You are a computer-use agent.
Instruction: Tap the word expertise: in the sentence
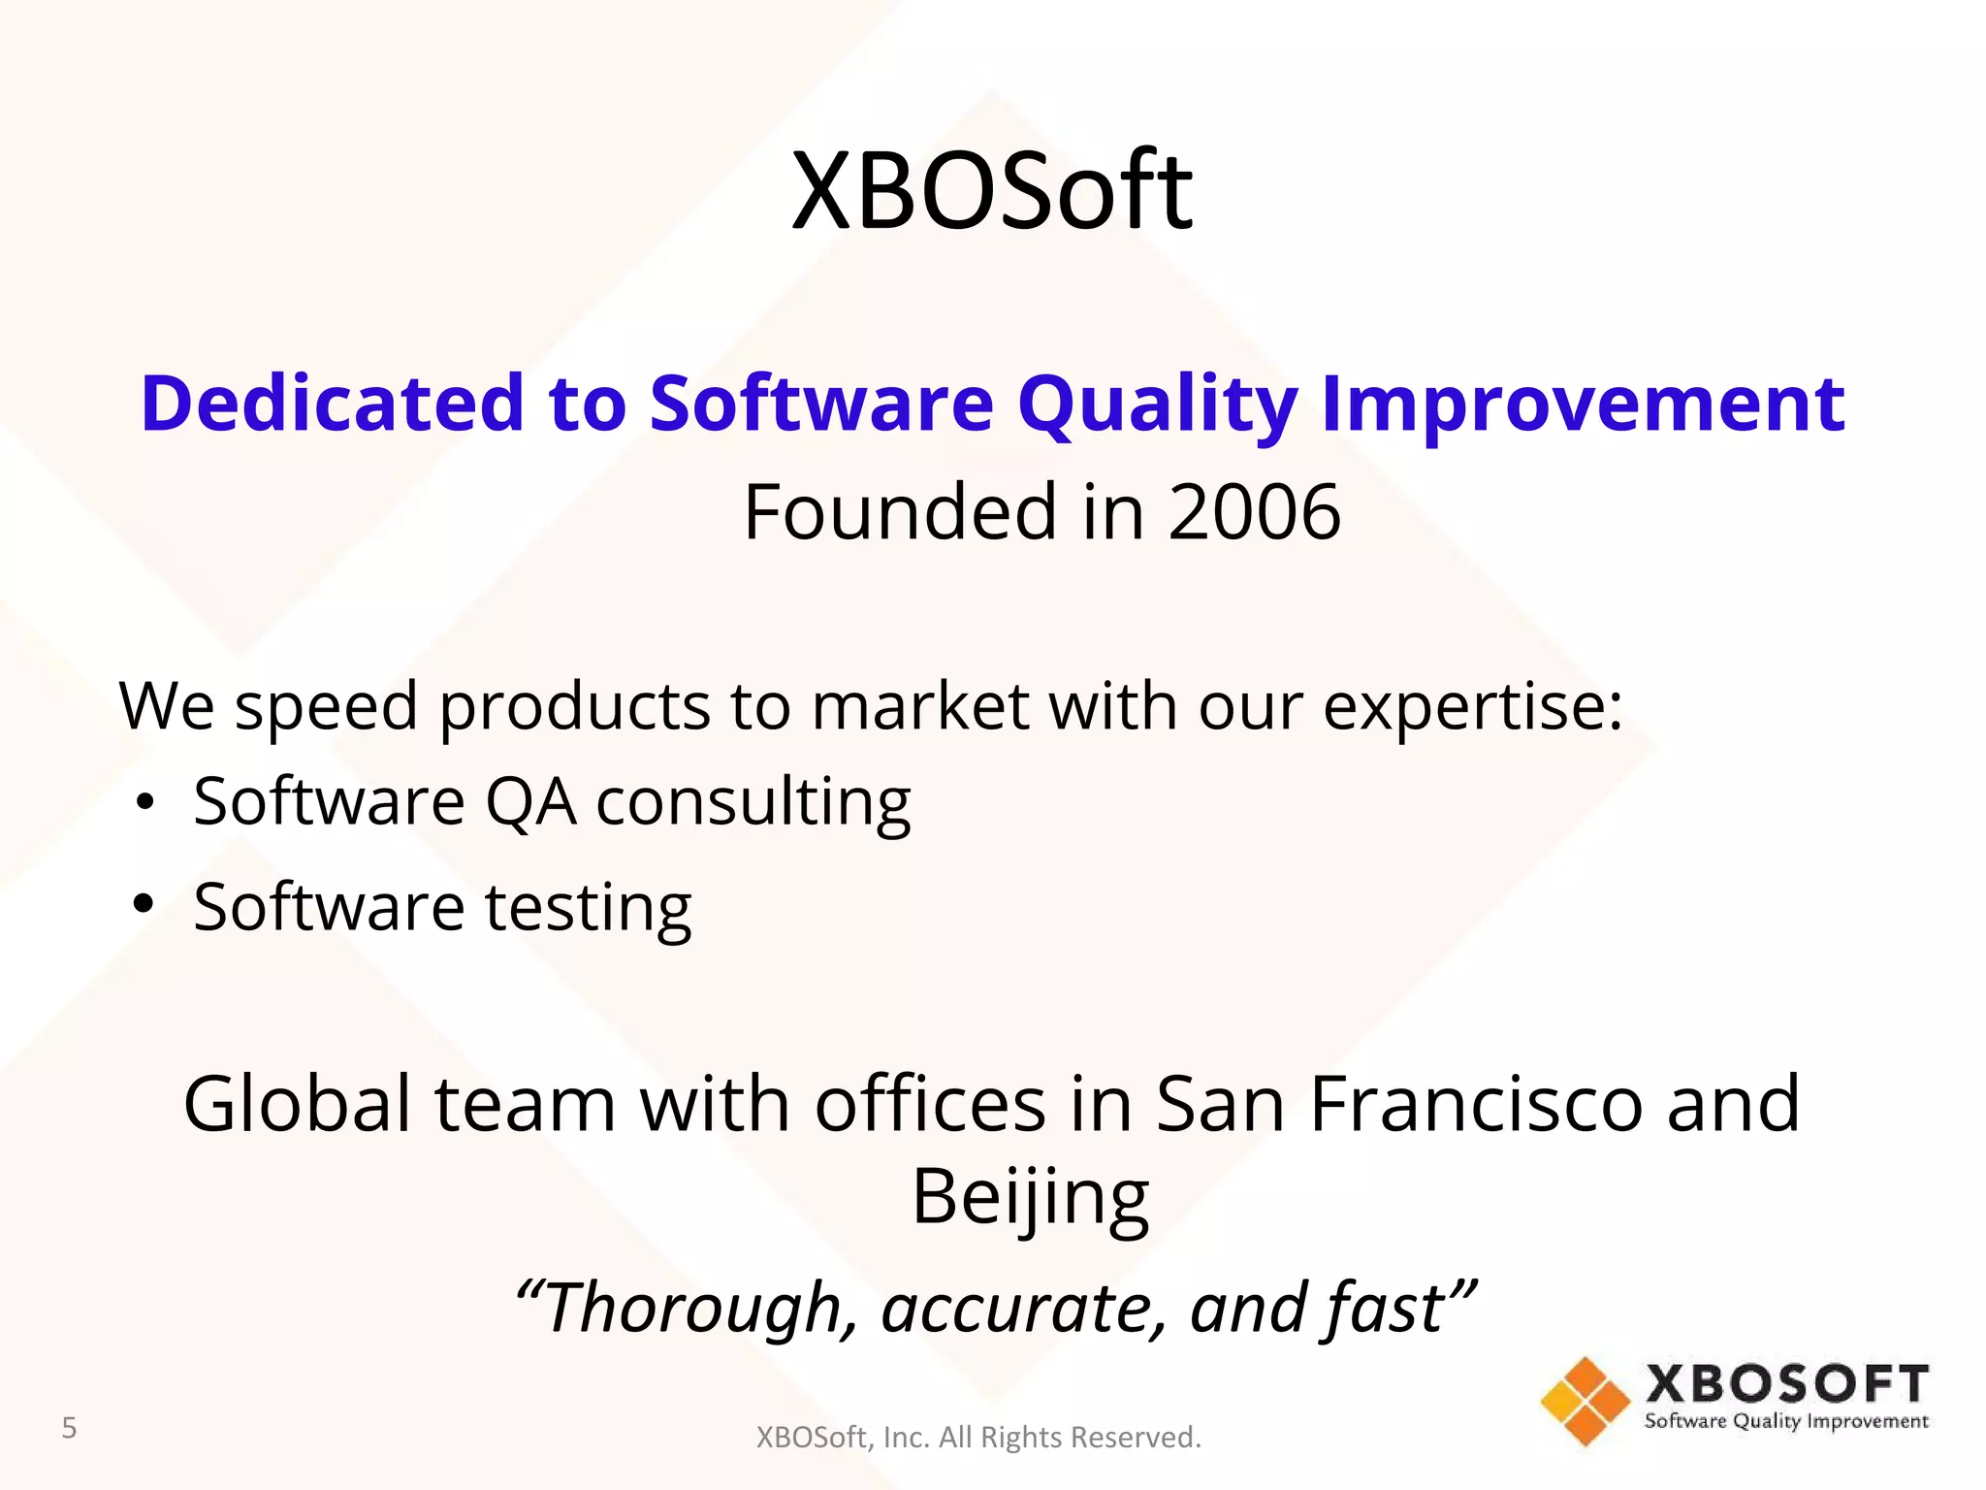tap(1472, 708)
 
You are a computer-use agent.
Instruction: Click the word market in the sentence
tap(919, 706)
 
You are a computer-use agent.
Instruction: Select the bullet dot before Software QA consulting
tap(144, 803)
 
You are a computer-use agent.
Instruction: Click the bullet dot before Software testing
tap(144, 905)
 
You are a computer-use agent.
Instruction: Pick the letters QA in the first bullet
tap(529, 803)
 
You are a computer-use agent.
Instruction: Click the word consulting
tap(753, 803)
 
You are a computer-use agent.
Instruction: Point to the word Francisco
tap(1476, 1104)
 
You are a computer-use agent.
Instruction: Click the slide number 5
tap(69, 1428)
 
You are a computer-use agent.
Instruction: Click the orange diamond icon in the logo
tap(1585, 1401)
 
